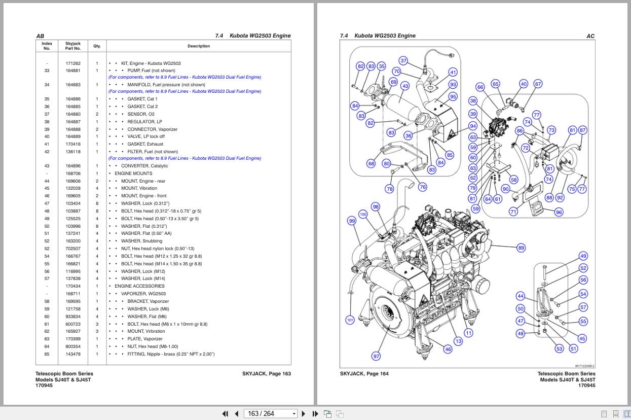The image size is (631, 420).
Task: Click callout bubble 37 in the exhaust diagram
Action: click(x=403, y=60)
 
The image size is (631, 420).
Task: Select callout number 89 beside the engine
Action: click(x=521, y=248)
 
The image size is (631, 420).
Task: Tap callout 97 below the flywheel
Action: click(x=377, y=356)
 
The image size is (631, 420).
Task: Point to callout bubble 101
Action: click(x=350, y=320)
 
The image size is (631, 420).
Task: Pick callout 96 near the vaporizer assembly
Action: click(x=559, y=212)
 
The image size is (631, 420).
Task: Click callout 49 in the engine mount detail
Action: click(x=583, y=256)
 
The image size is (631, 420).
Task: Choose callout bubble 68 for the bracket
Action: click(x=372, y=163)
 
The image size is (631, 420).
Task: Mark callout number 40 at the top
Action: click(x=524, y=84)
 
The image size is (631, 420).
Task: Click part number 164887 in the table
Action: click(x=73, y=122)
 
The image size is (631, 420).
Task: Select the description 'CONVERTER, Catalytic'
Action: click(x=144, y=166)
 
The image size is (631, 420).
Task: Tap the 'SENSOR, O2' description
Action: click(x=141, y=114)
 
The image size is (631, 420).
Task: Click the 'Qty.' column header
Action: click(x=97, y=46)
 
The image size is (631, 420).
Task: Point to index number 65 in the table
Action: click(x=47, y=354)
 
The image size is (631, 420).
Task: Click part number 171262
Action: click(x=73, y=63)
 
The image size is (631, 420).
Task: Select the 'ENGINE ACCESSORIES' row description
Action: click(x=139, y=286)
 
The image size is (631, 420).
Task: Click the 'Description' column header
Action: click(x=199, y=46)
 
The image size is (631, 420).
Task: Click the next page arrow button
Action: click(x=304, y=413)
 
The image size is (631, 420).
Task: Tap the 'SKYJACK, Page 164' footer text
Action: click(x=364, y=373)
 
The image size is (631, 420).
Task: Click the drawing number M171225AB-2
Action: click(x=584, y=366)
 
